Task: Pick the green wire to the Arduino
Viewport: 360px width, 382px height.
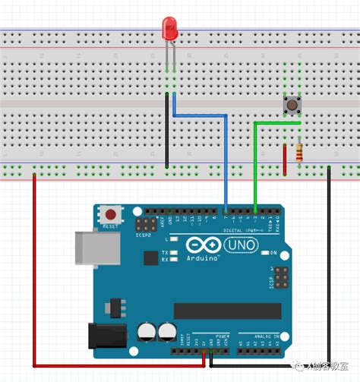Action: pos(256,159)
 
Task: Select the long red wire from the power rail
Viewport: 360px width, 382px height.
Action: pos(35,281)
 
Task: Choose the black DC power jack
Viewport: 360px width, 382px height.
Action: pos(106,337)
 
